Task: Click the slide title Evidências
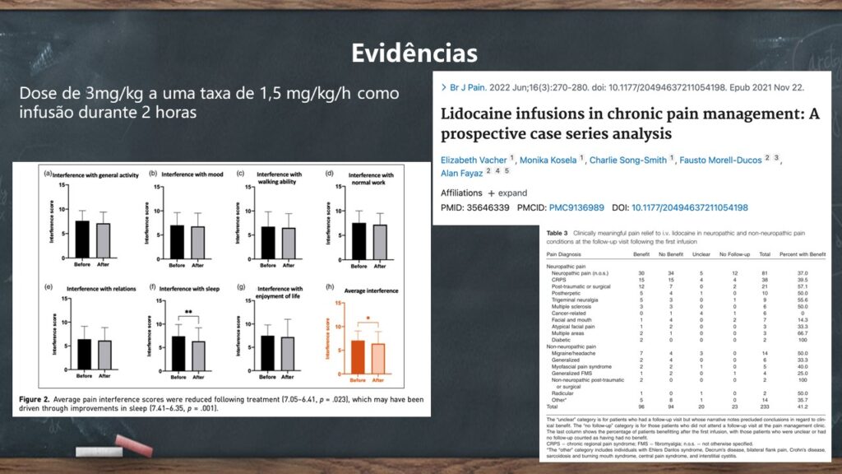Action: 414,53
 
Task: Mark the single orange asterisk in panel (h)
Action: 367,318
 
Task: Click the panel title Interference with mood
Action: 185,174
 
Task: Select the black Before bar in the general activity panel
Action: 82,239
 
